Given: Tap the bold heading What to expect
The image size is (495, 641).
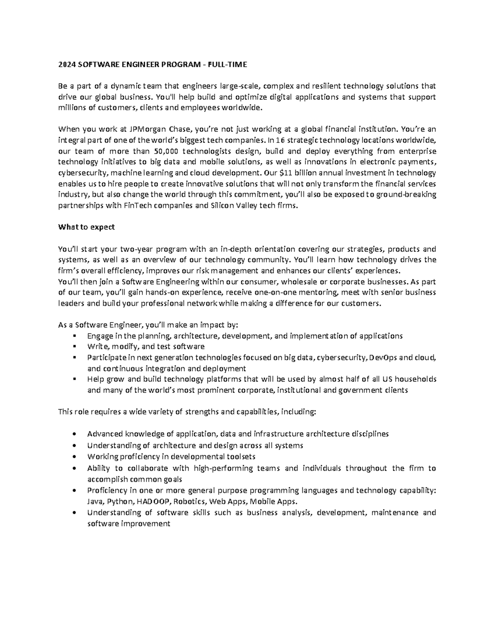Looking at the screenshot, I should click(87, 227).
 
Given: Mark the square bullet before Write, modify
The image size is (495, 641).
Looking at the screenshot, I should click(74, 347).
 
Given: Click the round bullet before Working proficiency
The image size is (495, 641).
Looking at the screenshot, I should click(74, 457).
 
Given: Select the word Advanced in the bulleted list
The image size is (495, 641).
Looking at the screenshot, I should click(105, 434).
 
